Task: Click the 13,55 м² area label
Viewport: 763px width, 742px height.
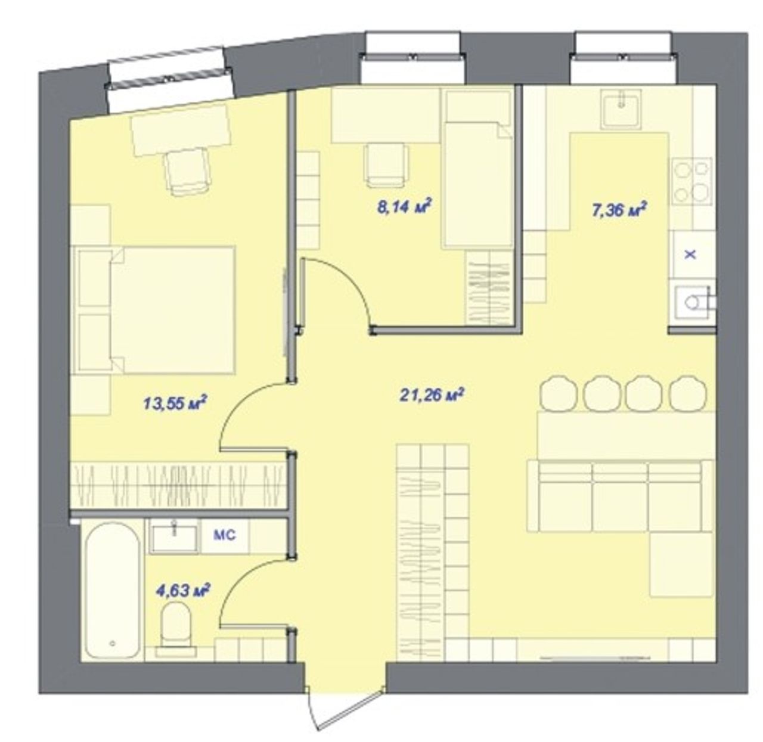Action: pyautogui.click(x=175, y=402)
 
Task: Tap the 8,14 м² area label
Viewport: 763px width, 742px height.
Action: pyautogui.click(x=404, y=206)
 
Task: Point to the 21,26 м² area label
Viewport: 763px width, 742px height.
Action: pyautogui.click(x=432, y=395)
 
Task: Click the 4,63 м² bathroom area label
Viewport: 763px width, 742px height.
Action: pyautogui.click(x=183, y=590)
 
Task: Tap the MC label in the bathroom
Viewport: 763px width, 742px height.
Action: pyautogui.click(x=224, y=535)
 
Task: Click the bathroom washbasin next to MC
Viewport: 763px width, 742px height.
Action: pyautogui.click(x=174, y=538)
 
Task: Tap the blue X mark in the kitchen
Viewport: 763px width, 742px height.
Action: pyautogui.click(x=690, y=254)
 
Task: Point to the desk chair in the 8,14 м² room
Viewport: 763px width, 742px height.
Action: pyautogui.click(x=386, y=164)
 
